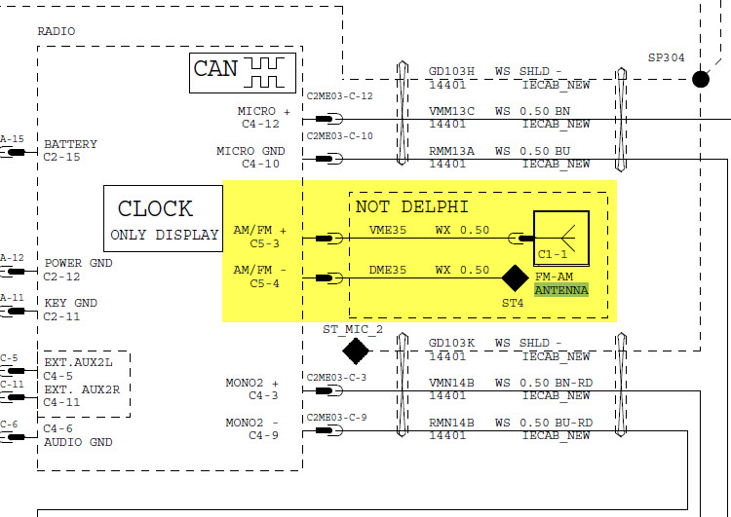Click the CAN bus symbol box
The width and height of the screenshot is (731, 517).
point(238,69)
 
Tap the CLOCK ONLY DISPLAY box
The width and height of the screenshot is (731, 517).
point(164,220)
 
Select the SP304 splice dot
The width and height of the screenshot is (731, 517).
point(700,78)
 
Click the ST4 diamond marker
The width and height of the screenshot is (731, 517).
point(515,278)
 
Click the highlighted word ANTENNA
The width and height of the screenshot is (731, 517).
point(560,290)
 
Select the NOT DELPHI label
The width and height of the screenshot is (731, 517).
point(412,206)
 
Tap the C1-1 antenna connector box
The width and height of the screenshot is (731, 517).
point(560,238)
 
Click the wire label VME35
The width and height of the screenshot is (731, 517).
point(387,231)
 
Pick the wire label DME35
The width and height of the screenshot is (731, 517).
point(387,270)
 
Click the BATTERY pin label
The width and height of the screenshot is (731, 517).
point(70,145)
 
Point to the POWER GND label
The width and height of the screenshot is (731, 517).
point(78,264)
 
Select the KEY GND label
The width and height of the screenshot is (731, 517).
point(71,303)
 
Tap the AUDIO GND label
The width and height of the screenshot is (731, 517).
point(78,442)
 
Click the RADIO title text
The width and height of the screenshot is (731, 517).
point(56,31)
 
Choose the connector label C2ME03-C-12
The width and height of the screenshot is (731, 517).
point(339,95)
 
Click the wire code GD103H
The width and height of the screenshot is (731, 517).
point(451,71)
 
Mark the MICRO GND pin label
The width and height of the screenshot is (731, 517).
point(250,152)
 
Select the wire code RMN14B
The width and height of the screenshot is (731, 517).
point(451,423)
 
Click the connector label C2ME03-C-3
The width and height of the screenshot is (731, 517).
point(336,377)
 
